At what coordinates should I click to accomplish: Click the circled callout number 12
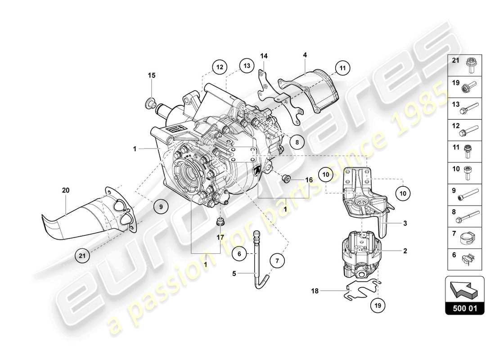tap(219, 67)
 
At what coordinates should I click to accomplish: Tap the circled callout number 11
tap(342, 69)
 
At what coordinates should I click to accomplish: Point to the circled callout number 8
tap(297, 141)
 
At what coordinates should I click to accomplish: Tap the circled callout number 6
tap(240, 254)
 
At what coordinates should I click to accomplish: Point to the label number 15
tap(152, 75)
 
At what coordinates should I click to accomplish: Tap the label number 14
tap(264, 56)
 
